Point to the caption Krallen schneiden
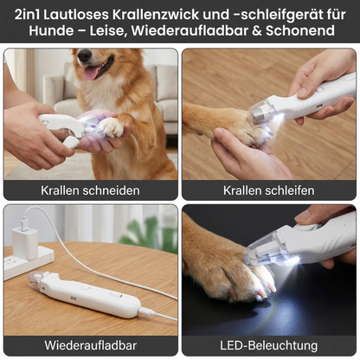[x=90, y=190]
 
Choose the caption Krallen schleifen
[x=268, y=190]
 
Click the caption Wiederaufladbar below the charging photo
[x=90, y=344]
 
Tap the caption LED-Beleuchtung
[x=268, y=344]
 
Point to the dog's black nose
[x=85, y=55]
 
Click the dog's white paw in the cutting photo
[x=111, y=128]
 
